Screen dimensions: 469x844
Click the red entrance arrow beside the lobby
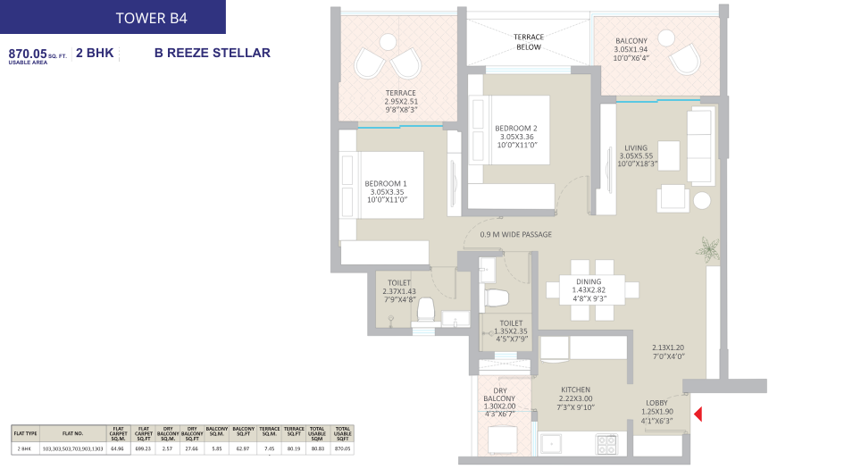[x=698, y=414]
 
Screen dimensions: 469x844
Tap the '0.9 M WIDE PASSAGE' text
[x=515, y=235]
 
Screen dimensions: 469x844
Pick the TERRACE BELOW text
[x=528, y=42]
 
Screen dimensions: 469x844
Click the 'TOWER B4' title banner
[x=113, y=17]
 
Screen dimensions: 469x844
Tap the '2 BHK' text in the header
[x=95, y=54]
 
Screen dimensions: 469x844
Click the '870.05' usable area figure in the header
[x=27, y=54]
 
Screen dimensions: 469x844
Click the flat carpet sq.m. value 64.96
[x=117, y=449]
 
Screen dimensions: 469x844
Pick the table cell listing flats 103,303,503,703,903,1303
[x=73, y=449]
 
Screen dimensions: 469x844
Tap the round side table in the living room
[x=703, y=200]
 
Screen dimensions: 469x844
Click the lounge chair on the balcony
[x=687, y=60]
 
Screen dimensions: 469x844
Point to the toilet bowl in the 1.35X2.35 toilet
[x=497, y=297]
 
